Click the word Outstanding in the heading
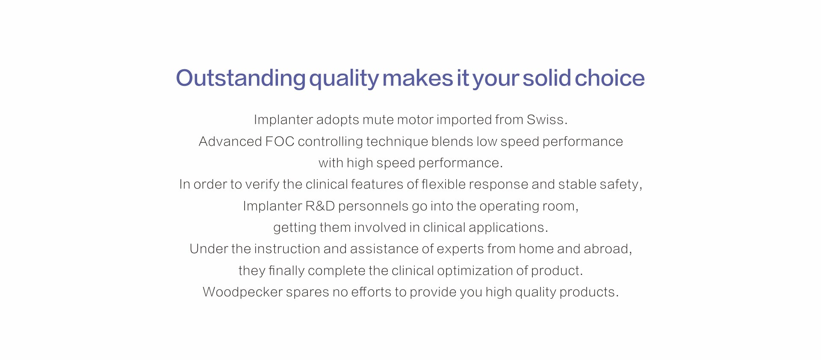click(x=241, y=78)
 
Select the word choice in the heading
click(x=610, y=78)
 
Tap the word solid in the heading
click(x=547, y=78)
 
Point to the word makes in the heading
click(x=417, y=78)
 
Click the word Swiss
click(x=547, y=120)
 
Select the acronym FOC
click(x=280, y=142)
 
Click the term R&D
click(x=320, y=206)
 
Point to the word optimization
click(x=475, y=271)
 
